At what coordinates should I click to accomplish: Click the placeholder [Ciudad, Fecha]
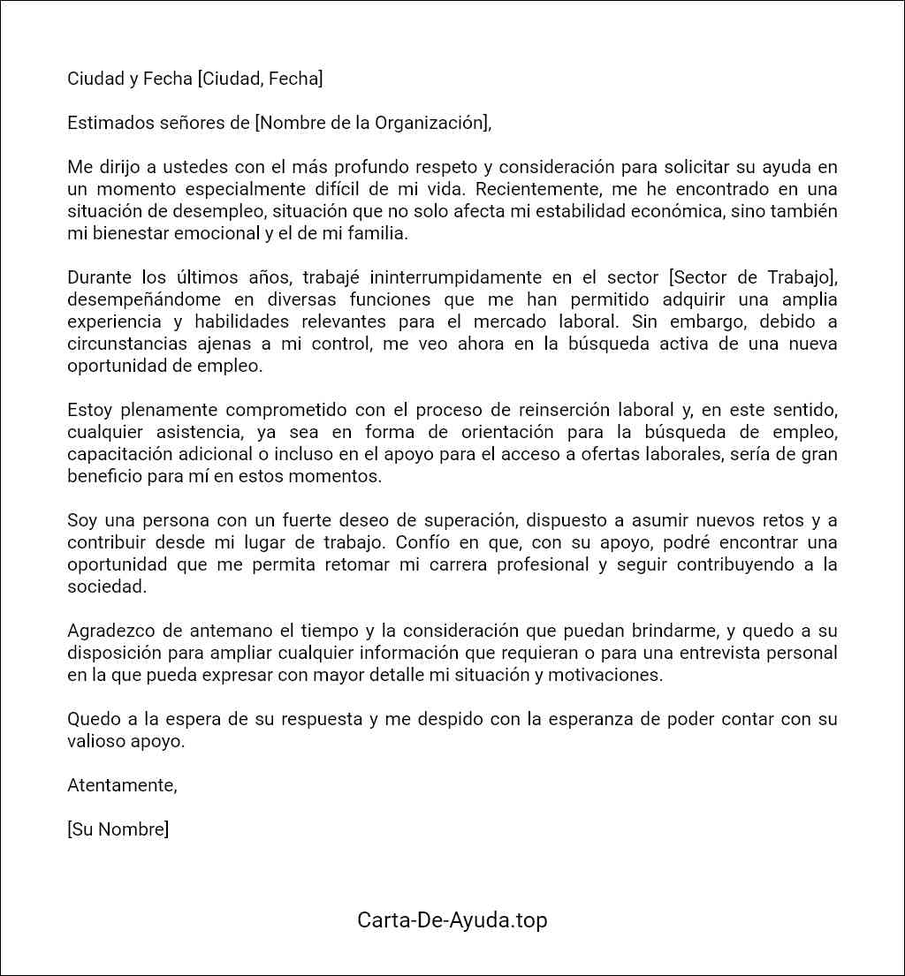(x=260, y=79)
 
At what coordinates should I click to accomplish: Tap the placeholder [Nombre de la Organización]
(x=370, y=123)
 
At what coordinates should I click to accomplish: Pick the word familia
(x=377, y=233)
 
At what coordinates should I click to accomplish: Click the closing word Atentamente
(x=122, y=785)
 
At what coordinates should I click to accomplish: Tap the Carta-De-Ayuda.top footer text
(x=452, y=919)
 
